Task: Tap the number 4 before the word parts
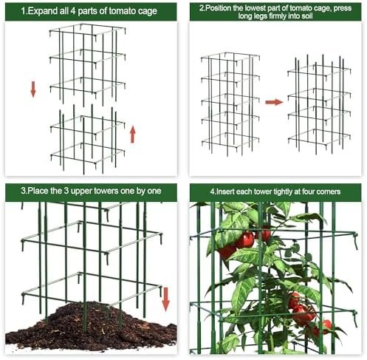coord(73,11)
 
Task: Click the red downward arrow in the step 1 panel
coord(33,89)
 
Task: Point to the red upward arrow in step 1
coord(133,135)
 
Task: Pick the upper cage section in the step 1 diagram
coord(88,64)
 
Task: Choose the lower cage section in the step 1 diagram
coord(88,139)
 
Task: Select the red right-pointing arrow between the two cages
coord(274,102)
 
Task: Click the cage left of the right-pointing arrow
coord(230,104)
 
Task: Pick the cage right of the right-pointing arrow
coord(319,104)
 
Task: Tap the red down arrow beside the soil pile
coord(165,299)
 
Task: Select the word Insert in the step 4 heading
coord(224,191)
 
